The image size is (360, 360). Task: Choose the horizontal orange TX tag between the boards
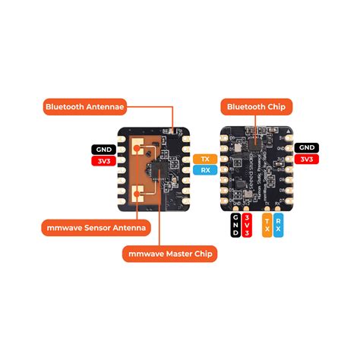point(203,159)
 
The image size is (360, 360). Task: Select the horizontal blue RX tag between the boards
point(203,170)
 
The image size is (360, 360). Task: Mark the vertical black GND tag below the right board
point(235,226)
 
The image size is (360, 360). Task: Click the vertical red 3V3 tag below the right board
point(248,226)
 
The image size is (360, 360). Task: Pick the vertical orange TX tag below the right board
point(266,226)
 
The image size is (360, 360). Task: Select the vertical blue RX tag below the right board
point(278,226)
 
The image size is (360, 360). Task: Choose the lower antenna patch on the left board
point(137,193)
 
